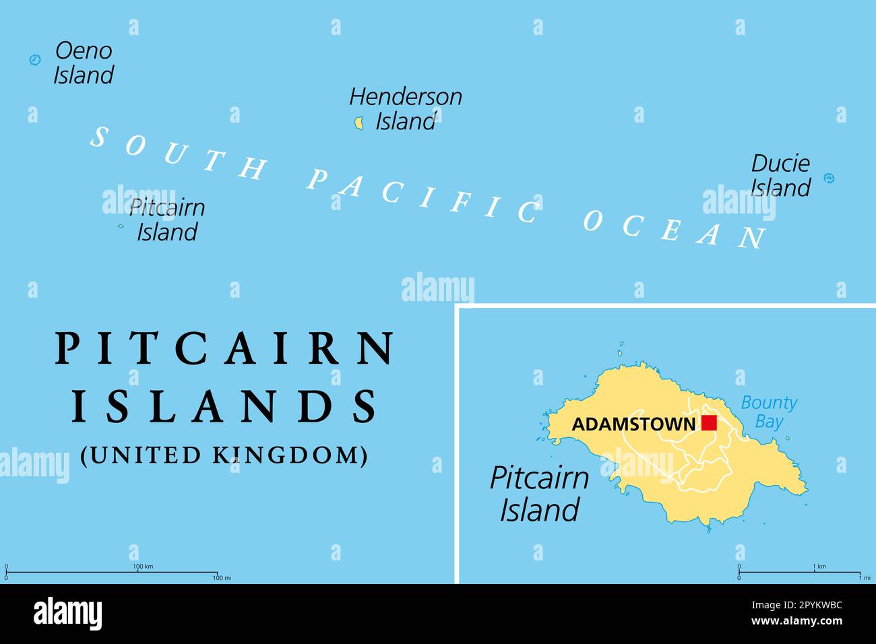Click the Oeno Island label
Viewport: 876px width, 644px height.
click(84, 63)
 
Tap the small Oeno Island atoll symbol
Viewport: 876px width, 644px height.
click(35, 60)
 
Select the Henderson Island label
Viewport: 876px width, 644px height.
click(406, 108)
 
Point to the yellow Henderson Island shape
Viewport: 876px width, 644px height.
click(359, 123)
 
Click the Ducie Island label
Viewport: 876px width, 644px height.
click(780, 175)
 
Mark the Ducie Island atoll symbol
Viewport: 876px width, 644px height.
click(830, 179)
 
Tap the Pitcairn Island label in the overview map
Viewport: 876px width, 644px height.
click(167, 220)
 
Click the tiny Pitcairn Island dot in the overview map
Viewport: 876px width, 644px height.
click(121, 226)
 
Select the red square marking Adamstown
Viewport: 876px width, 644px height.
click(709, 423)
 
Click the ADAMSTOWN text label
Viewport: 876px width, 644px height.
click(633, 424)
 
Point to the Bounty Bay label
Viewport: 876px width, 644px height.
click(769, 412)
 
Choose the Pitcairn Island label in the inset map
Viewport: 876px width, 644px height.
click(539, 494)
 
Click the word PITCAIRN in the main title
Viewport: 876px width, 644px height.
click(225, 348)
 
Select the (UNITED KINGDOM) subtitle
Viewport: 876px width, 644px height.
click(224, 455)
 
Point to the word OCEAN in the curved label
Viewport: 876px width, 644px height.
click(674, 229)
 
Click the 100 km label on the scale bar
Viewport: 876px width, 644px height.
click(144, 567)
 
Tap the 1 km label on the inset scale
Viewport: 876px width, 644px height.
click(819, 567)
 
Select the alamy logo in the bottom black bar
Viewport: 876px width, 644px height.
click(68, 614)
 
